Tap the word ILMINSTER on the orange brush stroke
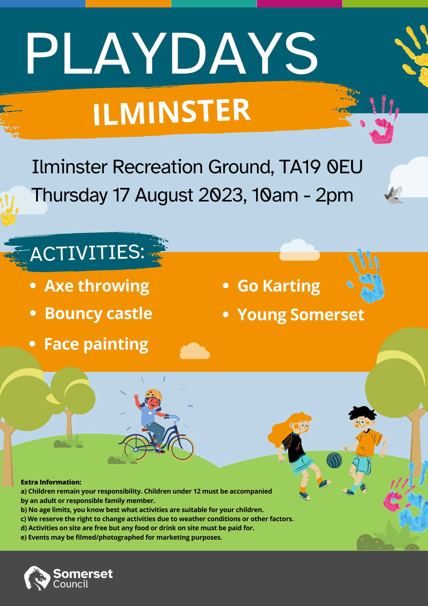pyautogui.click(x=172, y=112)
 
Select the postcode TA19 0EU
pyautogui.click(x=321, y=167)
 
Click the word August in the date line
pyautogui.click(x=164, y=195)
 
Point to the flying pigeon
pyautogui.click(x=393, y=195)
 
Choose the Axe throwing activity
pyautogui.click(x=97, y=286)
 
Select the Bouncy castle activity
pyautogui.click(x=98, y=314)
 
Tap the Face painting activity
pyautogui.click(x=96, y=345)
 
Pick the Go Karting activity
pyautogui.click(x=279, y=286)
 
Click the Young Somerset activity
pyautogui.click(x=301, y=315)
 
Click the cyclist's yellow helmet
pyautogui.click(x=154, y=394)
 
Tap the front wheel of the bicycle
pyautogui.click(x=182, y=448)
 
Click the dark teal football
pyautogui.click(x=334, y=460)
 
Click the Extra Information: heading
pyautogui.click(x=51, y=482)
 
